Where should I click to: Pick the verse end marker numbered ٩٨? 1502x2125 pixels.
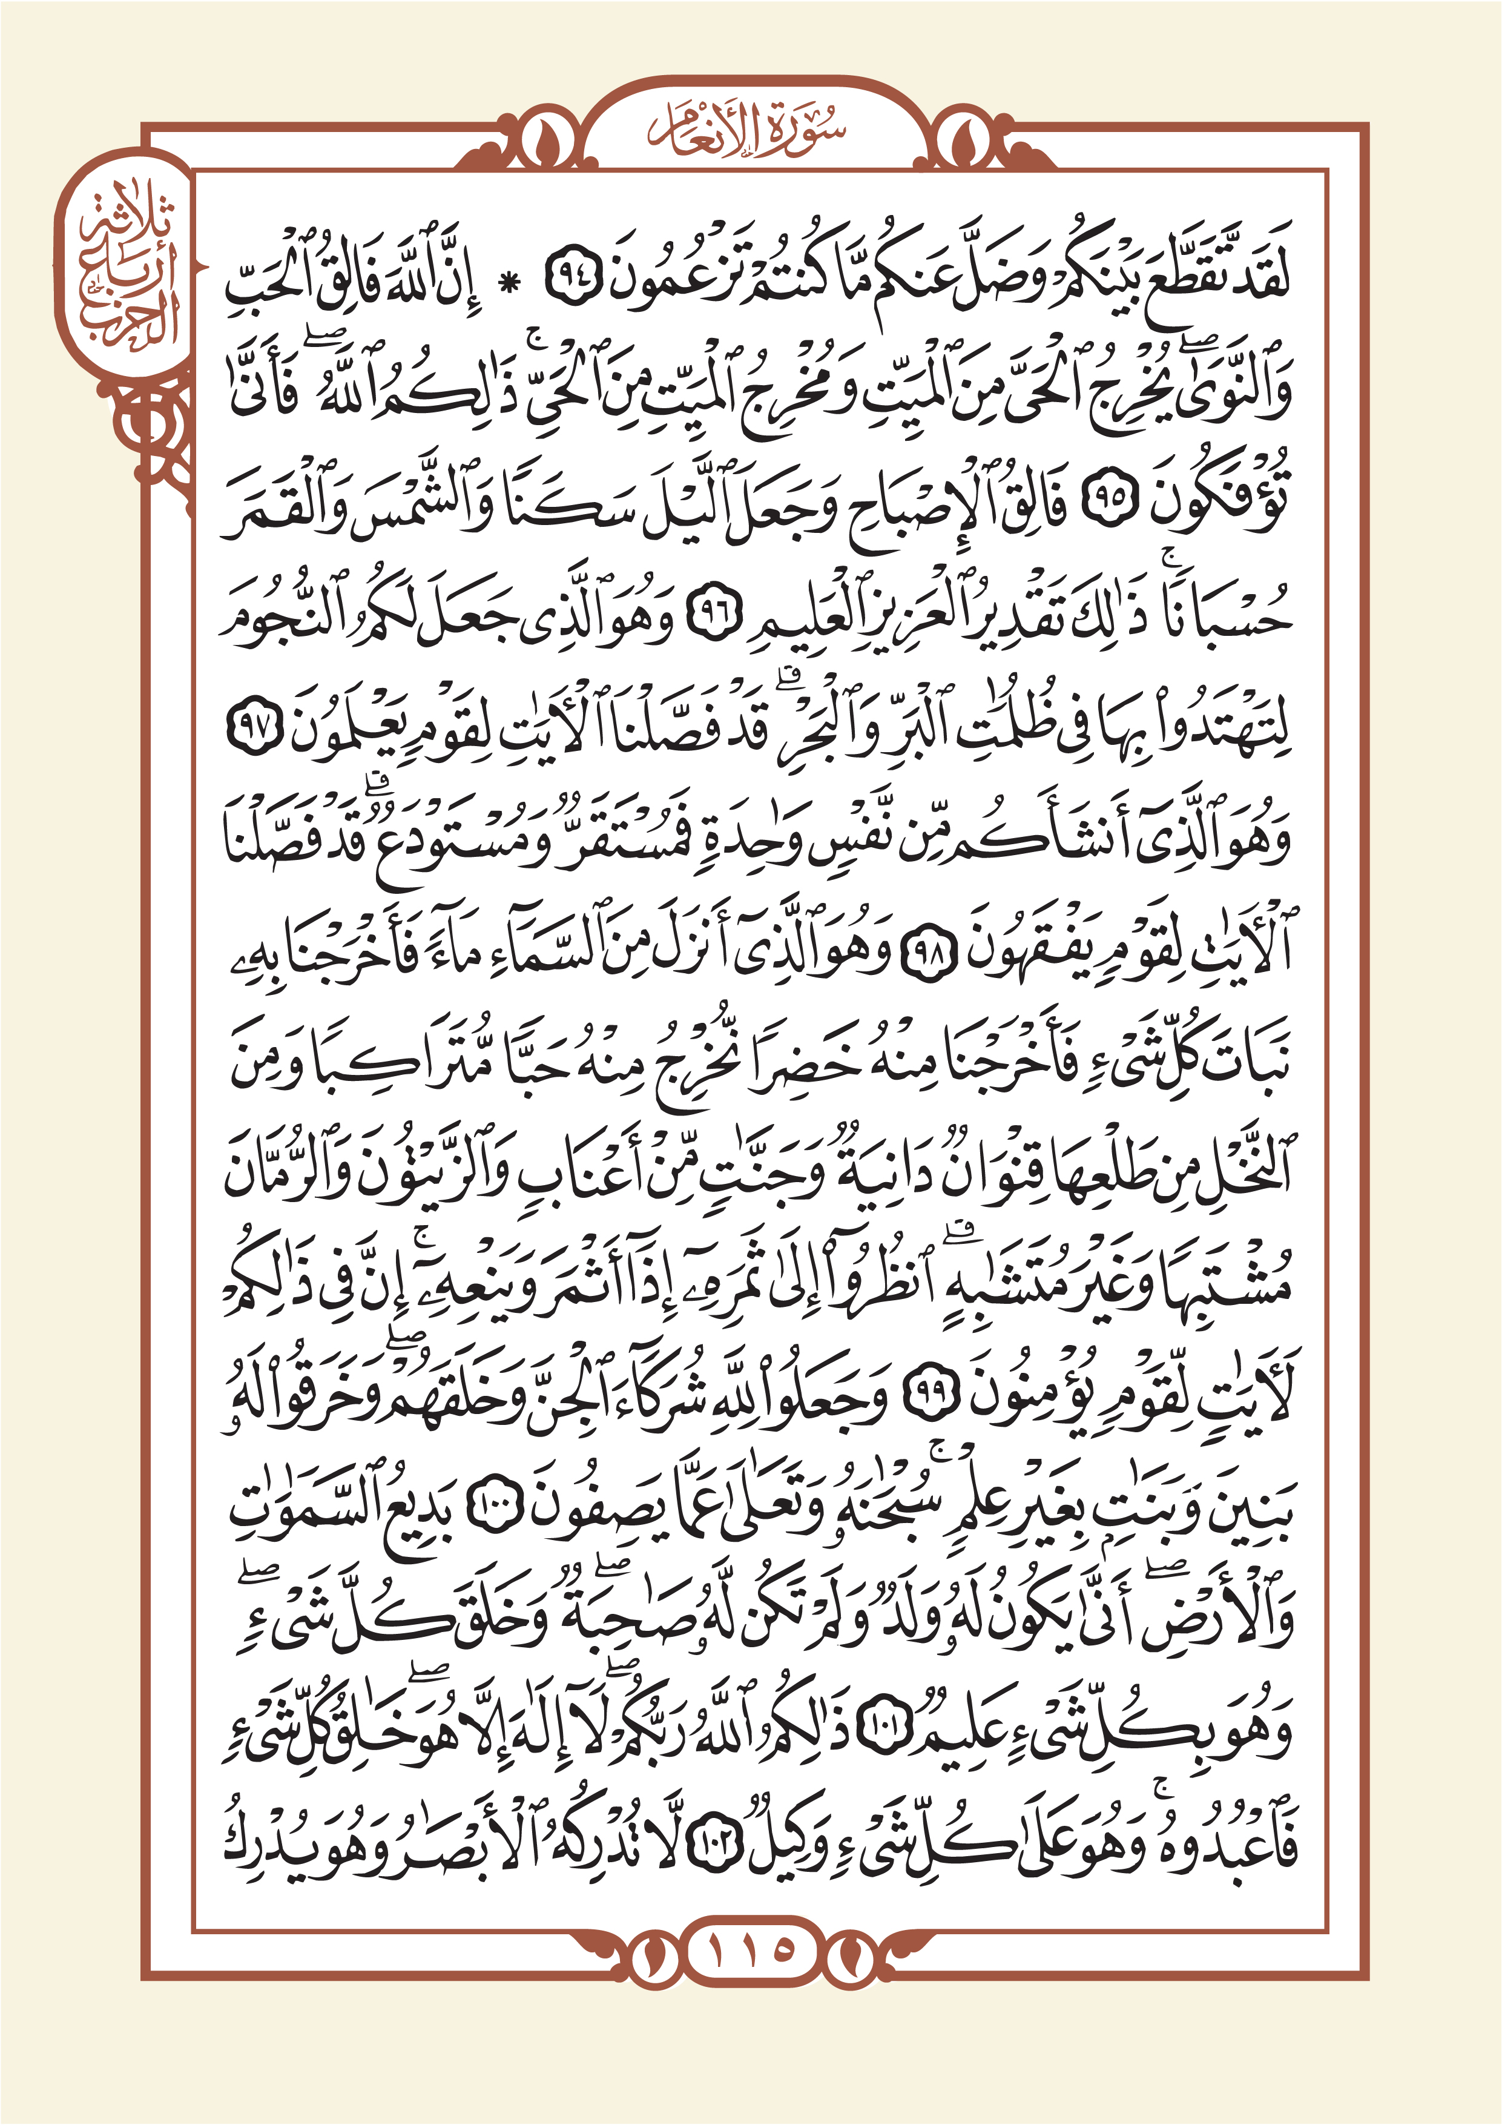[923, 959]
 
